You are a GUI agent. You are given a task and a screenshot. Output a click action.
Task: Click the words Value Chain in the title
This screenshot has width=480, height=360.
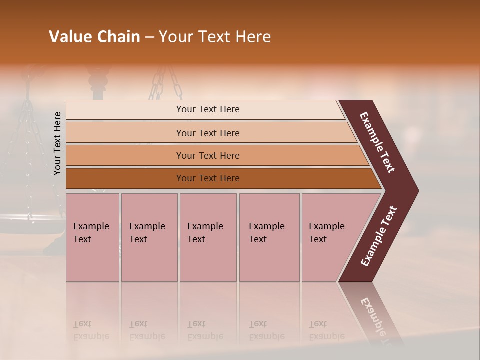94,37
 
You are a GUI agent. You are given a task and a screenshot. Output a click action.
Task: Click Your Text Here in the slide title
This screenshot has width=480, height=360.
215,37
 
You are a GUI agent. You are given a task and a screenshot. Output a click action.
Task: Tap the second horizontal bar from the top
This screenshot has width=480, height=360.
208,133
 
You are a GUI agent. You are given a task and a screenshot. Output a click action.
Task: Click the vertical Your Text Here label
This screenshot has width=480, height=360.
57,143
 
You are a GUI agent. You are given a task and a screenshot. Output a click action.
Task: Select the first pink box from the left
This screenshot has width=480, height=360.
92,237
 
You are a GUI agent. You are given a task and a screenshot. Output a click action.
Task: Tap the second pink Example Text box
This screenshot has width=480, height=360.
149,237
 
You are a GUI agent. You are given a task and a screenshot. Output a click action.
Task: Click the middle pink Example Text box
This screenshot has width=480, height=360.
208,237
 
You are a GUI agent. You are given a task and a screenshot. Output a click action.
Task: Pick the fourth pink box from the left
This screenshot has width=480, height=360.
269,237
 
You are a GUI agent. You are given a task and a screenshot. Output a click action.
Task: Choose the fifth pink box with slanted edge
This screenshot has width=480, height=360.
330,237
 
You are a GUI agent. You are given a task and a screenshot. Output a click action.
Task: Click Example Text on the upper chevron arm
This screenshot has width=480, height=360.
377,142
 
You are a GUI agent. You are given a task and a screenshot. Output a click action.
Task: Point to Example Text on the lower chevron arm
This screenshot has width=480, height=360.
379,236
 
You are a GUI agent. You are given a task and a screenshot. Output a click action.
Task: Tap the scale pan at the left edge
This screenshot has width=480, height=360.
30,222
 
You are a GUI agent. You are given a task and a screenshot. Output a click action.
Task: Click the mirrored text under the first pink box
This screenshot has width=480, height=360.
91,330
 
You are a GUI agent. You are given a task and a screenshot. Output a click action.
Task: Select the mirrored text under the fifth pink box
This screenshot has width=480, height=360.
326,330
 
